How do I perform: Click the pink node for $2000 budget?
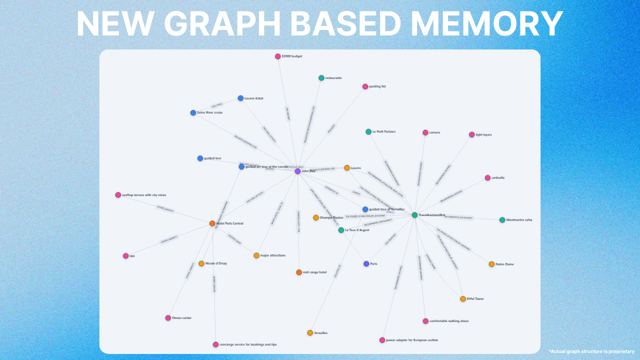278,56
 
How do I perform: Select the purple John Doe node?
297,171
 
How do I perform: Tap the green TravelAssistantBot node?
414,215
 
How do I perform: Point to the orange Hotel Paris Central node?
212,223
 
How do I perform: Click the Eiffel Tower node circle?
463,299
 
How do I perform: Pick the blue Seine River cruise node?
193,112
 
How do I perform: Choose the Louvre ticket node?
240,98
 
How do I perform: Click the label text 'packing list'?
377,86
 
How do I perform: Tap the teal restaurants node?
321,78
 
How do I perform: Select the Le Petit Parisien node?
368,132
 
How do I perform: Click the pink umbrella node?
487,178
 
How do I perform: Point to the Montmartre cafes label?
519,220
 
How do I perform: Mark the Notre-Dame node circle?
491,264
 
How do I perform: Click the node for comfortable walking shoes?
425,321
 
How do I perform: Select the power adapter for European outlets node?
382,340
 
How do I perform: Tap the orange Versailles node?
310,333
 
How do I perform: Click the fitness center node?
168,318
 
